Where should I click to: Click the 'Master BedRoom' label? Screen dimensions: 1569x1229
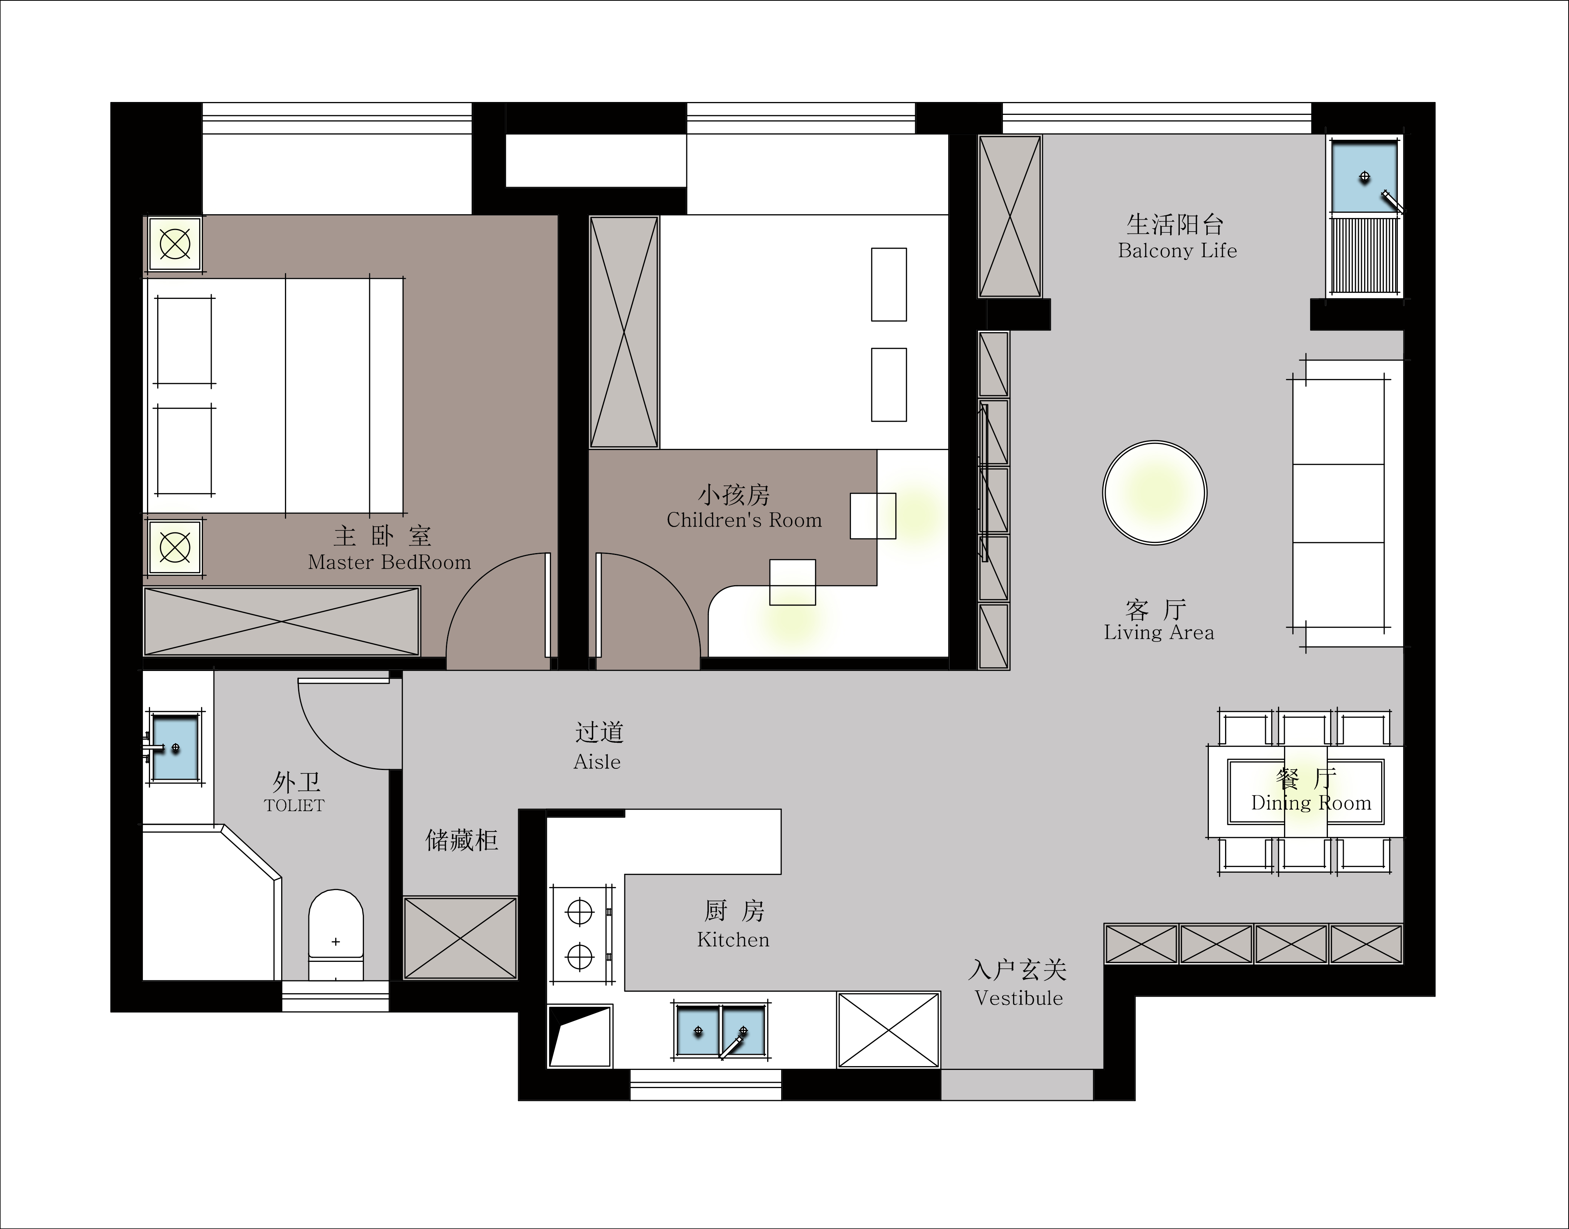pos(389,562)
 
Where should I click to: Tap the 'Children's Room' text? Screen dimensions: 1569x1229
pos(744,519)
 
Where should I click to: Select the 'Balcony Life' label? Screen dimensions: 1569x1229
pos(1178,250)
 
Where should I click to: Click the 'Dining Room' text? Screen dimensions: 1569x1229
pos(1311,803)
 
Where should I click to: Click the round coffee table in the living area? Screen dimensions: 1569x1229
pos(1154,493)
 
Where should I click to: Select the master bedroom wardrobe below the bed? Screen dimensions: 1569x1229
pos(282,621)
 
